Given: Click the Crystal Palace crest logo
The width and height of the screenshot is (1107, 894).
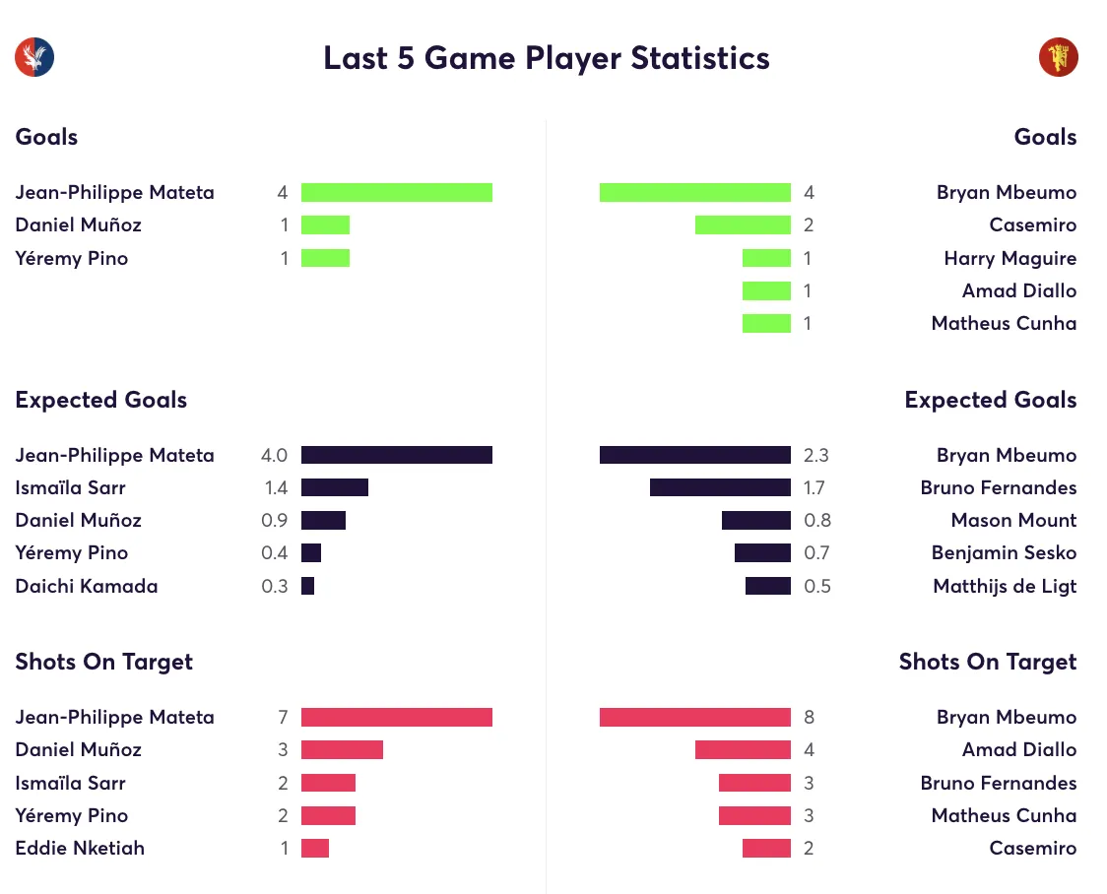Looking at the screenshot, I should click(34, 58).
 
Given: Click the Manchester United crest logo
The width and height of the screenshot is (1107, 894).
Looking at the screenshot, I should click(1058, 58).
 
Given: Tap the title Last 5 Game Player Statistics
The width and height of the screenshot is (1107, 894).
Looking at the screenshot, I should click(547, 58).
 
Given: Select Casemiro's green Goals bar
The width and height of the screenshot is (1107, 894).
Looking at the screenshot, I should click(743, 225).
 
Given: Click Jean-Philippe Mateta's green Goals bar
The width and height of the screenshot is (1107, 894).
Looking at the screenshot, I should click(396, 193).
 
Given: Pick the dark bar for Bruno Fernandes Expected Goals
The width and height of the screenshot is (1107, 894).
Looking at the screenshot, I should click(720, 487).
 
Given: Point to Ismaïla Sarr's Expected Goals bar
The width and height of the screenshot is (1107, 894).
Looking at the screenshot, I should click(335, 487).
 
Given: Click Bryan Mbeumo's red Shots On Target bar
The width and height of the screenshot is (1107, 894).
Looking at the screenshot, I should click(694, 718).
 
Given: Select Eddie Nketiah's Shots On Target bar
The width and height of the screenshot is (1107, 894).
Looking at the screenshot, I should click(315, 849).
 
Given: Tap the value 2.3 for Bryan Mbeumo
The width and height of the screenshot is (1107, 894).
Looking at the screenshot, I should click(815, 455).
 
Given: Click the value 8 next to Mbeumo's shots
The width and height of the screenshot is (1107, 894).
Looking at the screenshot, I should click(810, 718).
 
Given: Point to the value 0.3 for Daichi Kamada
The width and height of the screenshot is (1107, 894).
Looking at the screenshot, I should click(275, 587).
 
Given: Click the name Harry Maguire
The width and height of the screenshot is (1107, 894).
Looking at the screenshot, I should click(1009, 259).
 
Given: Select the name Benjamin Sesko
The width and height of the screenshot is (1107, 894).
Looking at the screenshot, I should click(1004, 553).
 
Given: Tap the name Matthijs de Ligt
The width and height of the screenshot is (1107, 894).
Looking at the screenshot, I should click(1005, 587).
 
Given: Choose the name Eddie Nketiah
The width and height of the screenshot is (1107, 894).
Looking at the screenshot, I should click(80, 849).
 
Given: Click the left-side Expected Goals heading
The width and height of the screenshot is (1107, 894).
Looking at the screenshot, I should click(100, 400).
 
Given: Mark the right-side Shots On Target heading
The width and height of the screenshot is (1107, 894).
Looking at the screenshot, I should click(987, 662).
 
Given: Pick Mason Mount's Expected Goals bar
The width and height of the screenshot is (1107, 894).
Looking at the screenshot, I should click(755, 521).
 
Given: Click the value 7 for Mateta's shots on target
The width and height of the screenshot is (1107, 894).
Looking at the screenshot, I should click(283, 718).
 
